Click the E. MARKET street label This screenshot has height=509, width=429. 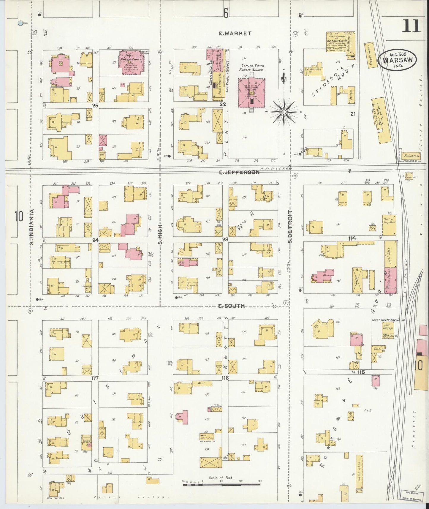[x=235, y=34]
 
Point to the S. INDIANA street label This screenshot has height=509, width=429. [x=31, y=227]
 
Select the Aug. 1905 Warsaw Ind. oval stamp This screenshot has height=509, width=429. [x=397, y=60]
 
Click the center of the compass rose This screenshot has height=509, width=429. [x=284, y=112]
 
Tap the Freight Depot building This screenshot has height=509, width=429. [x=370, y=55]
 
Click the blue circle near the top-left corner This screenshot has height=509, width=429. [x=20, y=23]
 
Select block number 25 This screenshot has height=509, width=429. [x=95, y=105]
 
